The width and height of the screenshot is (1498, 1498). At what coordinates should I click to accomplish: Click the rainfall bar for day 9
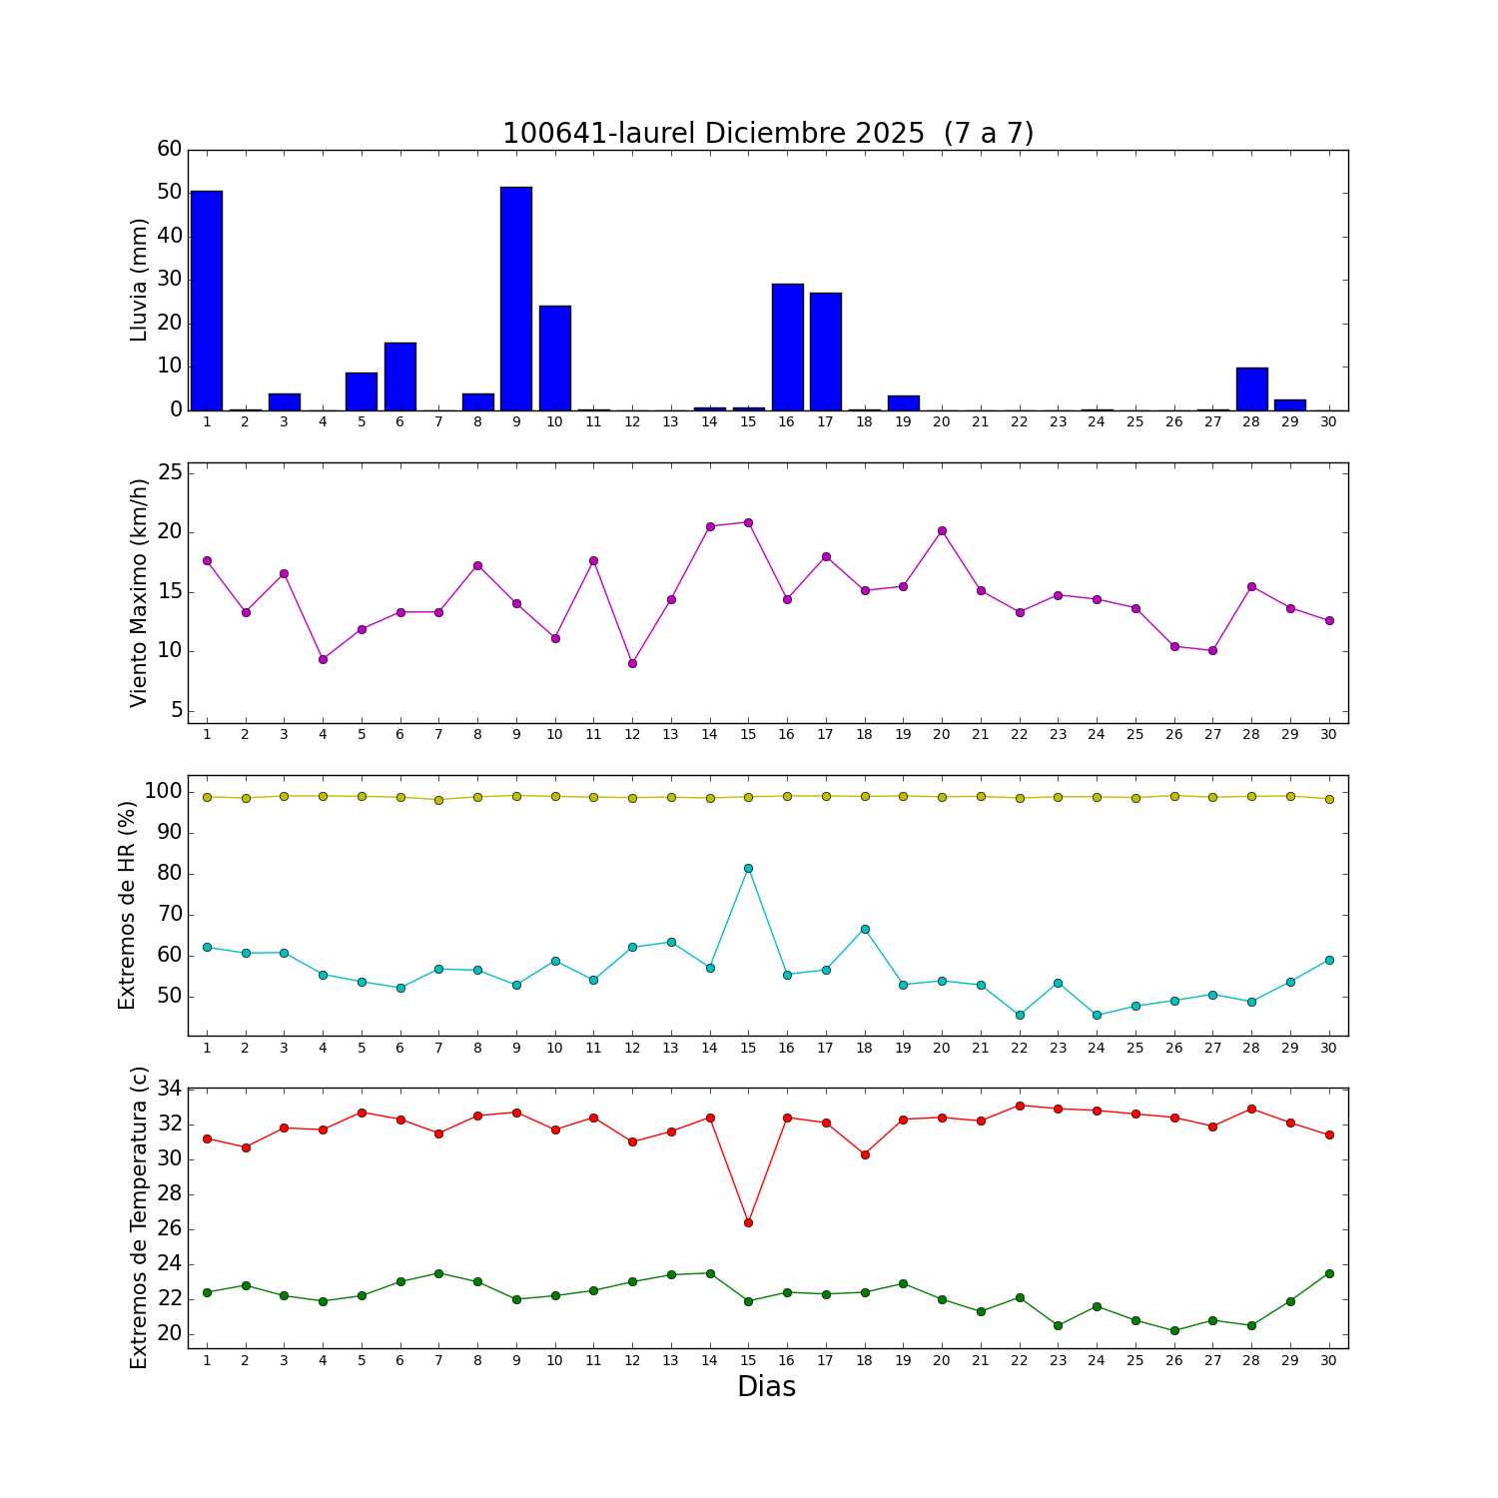pos(516,299)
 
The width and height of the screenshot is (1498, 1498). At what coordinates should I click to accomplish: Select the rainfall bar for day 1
pos(207,301)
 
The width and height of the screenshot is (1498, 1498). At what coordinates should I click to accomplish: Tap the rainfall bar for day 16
pos(787,347)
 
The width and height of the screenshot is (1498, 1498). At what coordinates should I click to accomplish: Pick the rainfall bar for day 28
pos(1251,388)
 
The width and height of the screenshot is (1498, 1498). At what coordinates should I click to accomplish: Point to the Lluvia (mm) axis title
pos(139,280)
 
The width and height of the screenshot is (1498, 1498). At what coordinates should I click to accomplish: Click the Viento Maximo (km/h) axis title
pos(139,592)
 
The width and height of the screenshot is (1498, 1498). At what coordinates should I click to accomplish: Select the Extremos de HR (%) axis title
pos(127,905)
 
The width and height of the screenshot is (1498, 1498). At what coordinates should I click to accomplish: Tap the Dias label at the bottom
pos(766,1387)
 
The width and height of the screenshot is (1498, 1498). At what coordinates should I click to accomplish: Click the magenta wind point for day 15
pos(748,522)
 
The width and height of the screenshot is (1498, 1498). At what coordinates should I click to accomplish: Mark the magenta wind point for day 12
pos(632,663)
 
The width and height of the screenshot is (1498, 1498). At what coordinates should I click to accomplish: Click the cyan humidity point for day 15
pos(748,868)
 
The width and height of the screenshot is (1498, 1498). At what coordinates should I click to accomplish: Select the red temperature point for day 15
pos(748,1222)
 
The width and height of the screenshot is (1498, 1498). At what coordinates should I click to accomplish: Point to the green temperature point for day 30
pos(1329,1273)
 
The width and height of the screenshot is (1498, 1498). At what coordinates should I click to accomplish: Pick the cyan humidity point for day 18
pos(865,929)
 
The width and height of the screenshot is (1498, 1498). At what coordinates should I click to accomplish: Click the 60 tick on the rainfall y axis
pos(170,150)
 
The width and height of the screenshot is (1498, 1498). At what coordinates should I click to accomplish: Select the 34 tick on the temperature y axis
pos(170,1089)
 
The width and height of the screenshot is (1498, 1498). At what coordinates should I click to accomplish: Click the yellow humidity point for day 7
pos(438,800)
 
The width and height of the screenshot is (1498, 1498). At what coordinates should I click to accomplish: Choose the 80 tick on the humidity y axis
pos(170,874)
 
